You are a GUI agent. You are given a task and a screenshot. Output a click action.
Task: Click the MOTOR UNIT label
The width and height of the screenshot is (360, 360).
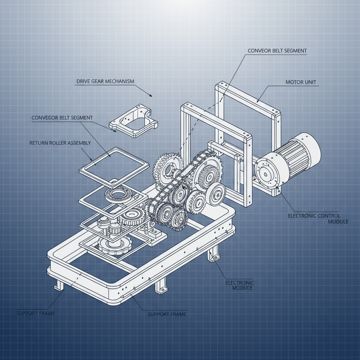pos(301,82)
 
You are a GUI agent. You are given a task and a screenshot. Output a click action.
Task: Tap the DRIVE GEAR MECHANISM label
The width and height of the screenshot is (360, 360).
pos(105,81)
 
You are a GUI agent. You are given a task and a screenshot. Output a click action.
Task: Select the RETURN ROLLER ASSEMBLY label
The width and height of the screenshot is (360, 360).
pos(60,143)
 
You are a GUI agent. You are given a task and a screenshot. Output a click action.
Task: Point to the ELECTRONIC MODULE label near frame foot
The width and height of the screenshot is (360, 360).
pos(239,285)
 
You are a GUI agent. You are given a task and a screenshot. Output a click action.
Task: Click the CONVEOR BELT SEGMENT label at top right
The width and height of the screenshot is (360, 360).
pos(277,51)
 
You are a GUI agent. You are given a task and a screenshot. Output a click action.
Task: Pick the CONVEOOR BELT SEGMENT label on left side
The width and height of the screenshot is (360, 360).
pos(62,118)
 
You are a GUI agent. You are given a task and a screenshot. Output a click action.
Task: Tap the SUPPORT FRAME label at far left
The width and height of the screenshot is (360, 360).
pos(36,313)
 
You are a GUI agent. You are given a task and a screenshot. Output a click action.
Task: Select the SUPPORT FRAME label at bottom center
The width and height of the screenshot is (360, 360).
pos(167,314)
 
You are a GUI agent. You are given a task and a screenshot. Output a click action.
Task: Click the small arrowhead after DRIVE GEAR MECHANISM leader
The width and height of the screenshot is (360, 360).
pos(150,95)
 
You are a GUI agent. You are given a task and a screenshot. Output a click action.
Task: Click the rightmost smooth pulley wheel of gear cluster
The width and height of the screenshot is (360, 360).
pos(215,194)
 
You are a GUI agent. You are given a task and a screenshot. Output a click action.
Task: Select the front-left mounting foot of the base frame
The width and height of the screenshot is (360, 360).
pos(59,285)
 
